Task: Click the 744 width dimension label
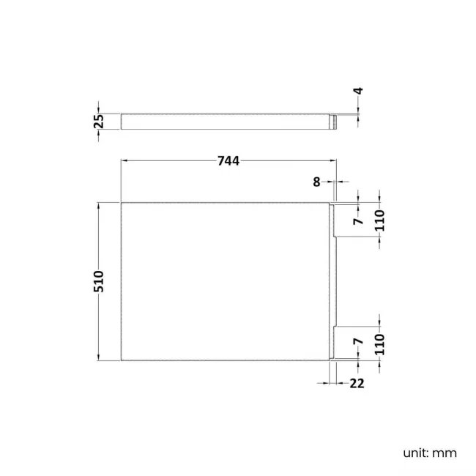[229, 161]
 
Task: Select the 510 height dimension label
[99, 281]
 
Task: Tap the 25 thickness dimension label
[99, 121]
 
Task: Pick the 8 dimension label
[316, 182]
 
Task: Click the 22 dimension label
[357, 383]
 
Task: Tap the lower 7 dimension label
[357, 341]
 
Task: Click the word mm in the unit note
[444, 453]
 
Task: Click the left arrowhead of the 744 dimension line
[124, 161]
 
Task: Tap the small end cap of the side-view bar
[334, 121]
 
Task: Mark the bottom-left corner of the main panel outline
[121, 360]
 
